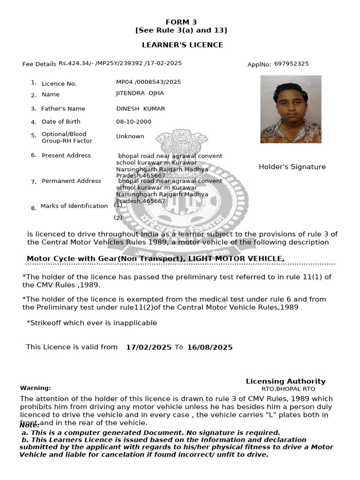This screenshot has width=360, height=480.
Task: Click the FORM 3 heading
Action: [x=181, y=22]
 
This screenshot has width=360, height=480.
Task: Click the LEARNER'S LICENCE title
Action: [x=182, y=45]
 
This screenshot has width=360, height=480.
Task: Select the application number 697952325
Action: [x=291, y=64]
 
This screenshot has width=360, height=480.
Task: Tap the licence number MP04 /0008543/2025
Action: [x=148, y=82]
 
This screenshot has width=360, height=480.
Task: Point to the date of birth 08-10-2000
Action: [x=134, y=121]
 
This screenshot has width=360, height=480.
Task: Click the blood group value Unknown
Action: [x=130, y=136]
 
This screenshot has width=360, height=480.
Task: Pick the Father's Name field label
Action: [x=63, y=109]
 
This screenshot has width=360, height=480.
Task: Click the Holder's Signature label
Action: [x=292, y=167]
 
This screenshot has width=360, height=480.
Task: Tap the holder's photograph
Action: [x=291, y=109]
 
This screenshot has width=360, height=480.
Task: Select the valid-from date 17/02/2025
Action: [x=149, y=347]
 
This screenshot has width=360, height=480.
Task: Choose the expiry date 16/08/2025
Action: [x=210, y=347]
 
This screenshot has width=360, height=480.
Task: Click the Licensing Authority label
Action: [x=285, y=382]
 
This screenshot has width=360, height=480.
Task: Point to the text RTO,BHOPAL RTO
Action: [x=288, y=389]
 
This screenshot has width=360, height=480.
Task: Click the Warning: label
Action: [x=36, y=388]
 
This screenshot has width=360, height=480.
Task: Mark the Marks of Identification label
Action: [x=74, y=206]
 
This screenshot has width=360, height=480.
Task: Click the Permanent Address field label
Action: [x=71, y=181]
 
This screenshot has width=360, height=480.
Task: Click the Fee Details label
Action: [x=39, y=64]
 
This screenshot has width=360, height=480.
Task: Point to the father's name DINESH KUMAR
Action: [x=141, y=109]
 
